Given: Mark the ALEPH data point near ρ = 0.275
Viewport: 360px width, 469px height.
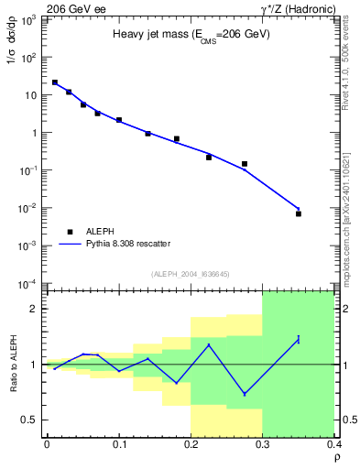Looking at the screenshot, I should point(245,164).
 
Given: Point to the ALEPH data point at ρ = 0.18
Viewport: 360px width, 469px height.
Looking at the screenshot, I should point(176,139).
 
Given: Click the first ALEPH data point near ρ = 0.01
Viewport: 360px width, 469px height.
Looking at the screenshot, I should point(55,82).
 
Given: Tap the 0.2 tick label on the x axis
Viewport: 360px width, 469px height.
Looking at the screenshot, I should point(191,444).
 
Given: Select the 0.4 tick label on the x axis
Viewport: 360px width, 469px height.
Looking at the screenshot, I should point(334,444).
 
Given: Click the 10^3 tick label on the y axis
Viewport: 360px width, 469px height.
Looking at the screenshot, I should point(30,19).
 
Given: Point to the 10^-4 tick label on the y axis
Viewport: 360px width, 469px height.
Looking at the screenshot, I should point(30,284).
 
